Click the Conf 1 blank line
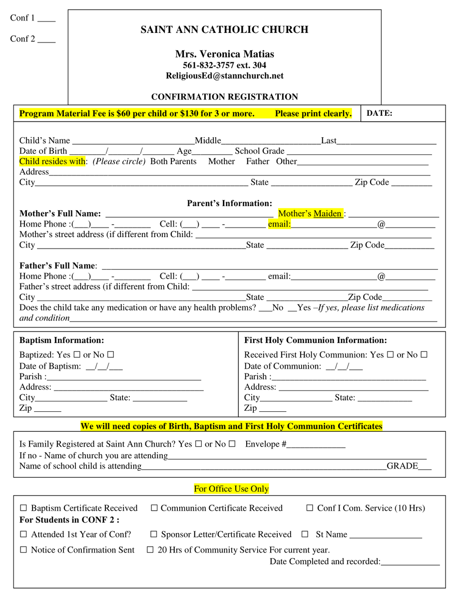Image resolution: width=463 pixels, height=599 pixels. point(46,20)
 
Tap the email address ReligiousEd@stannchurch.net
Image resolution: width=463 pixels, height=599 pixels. point(224,76)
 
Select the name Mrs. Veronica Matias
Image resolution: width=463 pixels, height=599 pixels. point(224,54)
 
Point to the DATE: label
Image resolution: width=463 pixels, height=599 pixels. point(380,113)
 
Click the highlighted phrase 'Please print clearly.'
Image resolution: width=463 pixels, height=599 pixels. point(313,113)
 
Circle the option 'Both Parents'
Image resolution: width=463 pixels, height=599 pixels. point(173,161)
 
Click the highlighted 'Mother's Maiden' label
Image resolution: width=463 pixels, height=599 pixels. point(310,214)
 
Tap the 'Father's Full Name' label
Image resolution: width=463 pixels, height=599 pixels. point(57,266)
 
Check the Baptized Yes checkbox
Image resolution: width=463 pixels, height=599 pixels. point(77,355)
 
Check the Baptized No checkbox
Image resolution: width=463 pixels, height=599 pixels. point(110,355)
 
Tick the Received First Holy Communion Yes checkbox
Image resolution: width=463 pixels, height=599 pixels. point(391,355)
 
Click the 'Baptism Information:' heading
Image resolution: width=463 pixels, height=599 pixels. point(61,340)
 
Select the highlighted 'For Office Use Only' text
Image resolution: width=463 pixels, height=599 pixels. point(231,489)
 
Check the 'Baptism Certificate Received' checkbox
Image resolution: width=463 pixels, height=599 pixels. point(23,508)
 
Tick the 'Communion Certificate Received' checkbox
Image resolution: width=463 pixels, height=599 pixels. point(154,508)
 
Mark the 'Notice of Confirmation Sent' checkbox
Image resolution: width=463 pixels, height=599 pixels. point(23,550)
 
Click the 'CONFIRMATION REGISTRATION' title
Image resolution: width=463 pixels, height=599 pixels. point(224,97)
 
